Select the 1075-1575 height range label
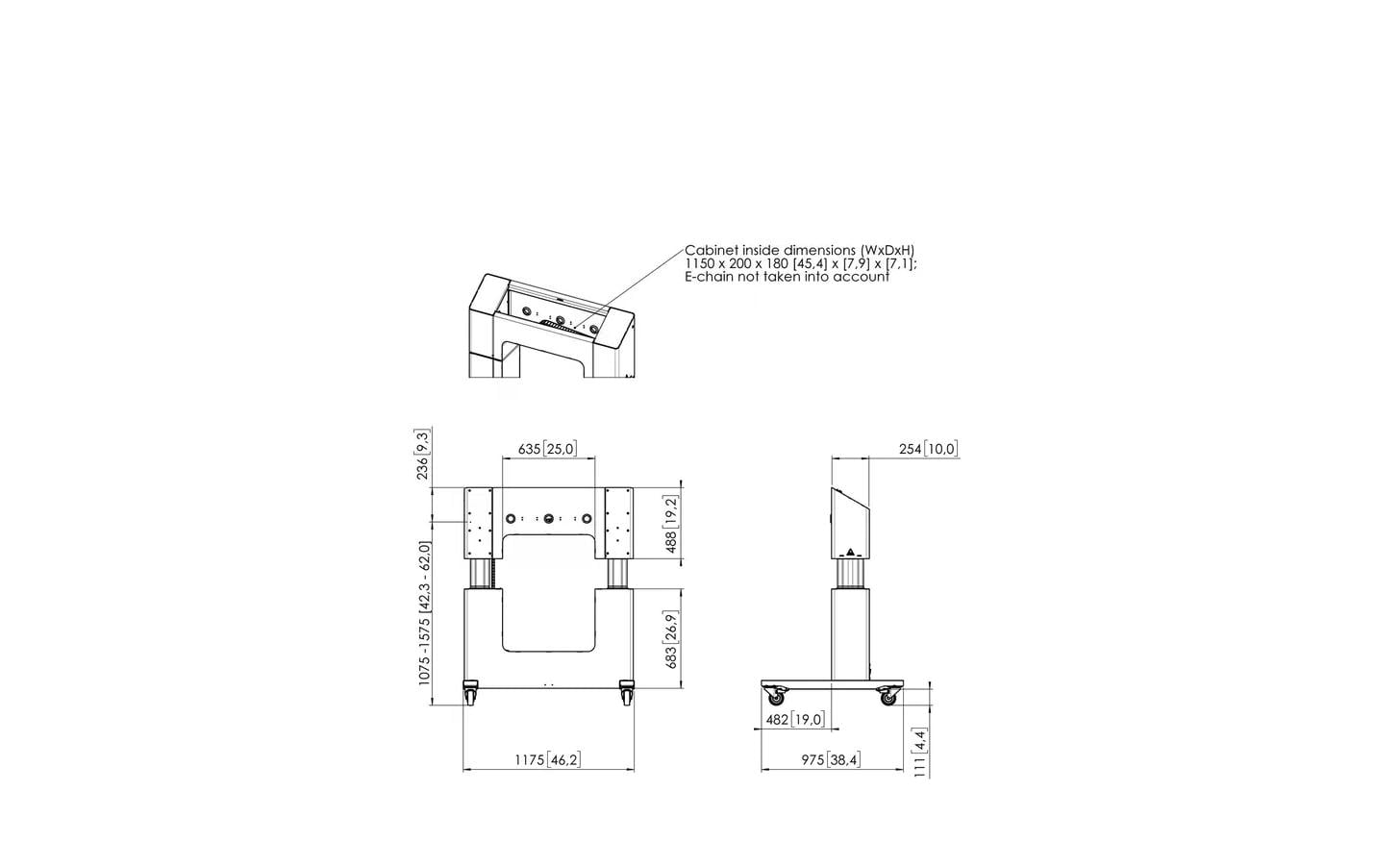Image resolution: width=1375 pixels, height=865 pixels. coord(425,613)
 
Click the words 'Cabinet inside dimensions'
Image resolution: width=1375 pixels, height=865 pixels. coord(771,250)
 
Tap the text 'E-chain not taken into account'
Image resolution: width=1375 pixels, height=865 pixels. coord(787,277)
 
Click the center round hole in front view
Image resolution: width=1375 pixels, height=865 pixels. coord(549,519)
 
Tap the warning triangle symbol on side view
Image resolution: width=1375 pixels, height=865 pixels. coord(850,552)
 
